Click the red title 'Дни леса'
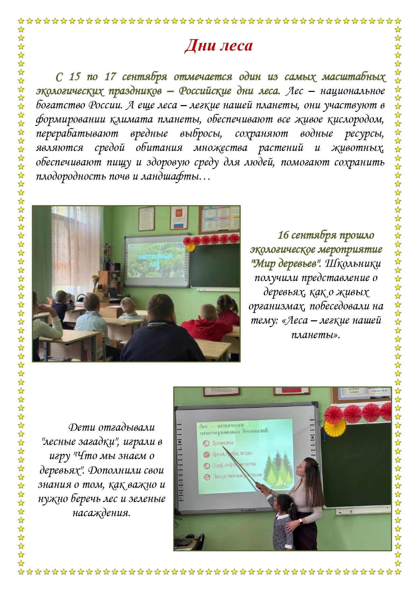tap(218, 46)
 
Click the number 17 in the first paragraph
tap(110, 77)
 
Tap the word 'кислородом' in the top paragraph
tap(358, 119)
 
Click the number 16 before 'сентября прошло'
tap(283, 235)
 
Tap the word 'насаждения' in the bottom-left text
tap(101, 513)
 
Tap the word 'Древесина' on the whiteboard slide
tap(222, 443)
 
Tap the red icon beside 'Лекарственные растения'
tap(207, 477)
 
